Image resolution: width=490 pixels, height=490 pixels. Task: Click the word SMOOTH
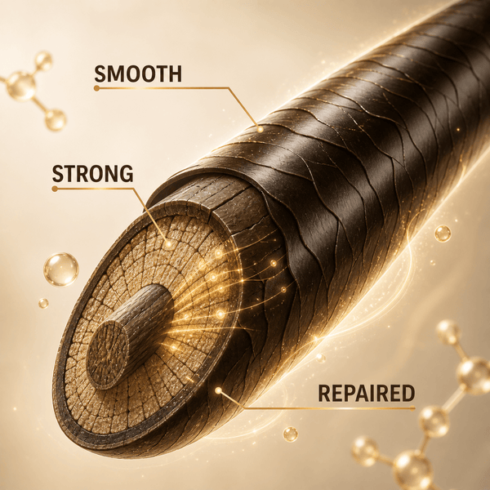tap(138, 73)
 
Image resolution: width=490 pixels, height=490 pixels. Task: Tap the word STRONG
tap(92, 174)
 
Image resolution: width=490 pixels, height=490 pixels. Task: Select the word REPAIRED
tap(366, 393)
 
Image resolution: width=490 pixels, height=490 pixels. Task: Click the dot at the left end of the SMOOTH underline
tap(96, 88)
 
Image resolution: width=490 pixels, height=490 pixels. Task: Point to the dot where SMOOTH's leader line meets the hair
tap(260, 129)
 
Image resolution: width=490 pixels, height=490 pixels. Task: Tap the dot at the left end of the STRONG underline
tap(55, 189)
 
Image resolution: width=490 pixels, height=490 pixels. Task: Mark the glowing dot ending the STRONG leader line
tap(168, 244)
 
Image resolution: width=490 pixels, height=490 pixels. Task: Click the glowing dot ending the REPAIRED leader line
tap(218, 390)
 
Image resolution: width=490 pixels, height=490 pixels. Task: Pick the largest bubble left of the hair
tap(61, 269)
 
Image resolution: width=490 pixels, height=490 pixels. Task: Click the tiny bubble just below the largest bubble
tap(43, 303)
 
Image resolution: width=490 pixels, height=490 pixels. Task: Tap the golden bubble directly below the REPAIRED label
tap(290, 434)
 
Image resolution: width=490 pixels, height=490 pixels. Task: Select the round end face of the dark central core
tap(108, 355)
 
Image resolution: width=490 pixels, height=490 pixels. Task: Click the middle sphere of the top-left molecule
tap(21, 87)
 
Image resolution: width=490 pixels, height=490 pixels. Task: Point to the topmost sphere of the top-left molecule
tap(43, 61)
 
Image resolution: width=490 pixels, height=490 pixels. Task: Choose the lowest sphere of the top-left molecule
tap(56, 120)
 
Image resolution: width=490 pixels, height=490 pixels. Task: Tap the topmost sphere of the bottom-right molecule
tap(448, 332)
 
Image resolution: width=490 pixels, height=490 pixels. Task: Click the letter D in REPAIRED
tap(408, 393)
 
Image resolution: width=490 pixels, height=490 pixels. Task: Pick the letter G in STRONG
tap(127, 174)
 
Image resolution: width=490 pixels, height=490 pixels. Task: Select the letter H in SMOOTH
tap(175, 73)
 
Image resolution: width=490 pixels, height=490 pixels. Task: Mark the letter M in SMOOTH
tap(116, 73)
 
